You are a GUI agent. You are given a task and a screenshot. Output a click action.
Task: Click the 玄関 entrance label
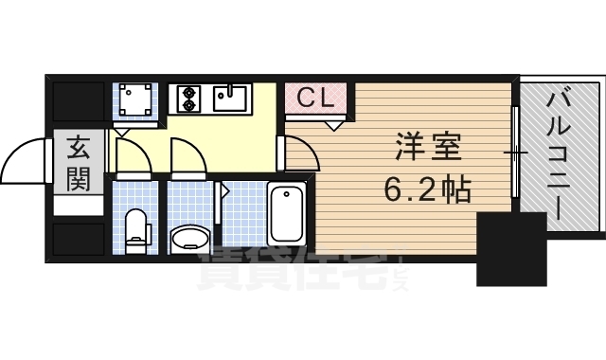click(x=78, y=164)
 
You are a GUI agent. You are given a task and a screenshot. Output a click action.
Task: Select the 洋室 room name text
click(x=427, y=150)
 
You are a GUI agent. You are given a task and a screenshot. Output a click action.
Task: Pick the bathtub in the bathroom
click(x=286, y=213)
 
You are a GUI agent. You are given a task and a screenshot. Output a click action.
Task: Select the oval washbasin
click(x=191, y=236)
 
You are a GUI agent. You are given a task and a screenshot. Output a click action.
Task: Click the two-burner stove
click(x=186, y=97)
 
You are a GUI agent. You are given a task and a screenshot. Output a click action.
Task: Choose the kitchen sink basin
click(x=230, y=97)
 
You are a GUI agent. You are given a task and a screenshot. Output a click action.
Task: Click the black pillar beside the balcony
click(x=511, y=248)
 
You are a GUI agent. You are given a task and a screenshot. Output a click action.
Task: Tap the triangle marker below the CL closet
click(x=332, y=123)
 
